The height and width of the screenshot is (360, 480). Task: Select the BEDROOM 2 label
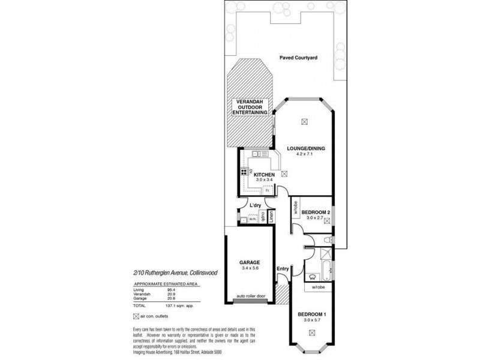316,212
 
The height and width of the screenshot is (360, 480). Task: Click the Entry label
283,268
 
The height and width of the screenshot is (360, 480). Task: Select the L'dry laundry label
256,207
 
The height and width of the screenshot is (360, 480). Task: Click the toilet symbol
324,241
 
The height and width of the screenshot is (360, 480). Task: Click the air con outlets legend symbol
137,315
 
